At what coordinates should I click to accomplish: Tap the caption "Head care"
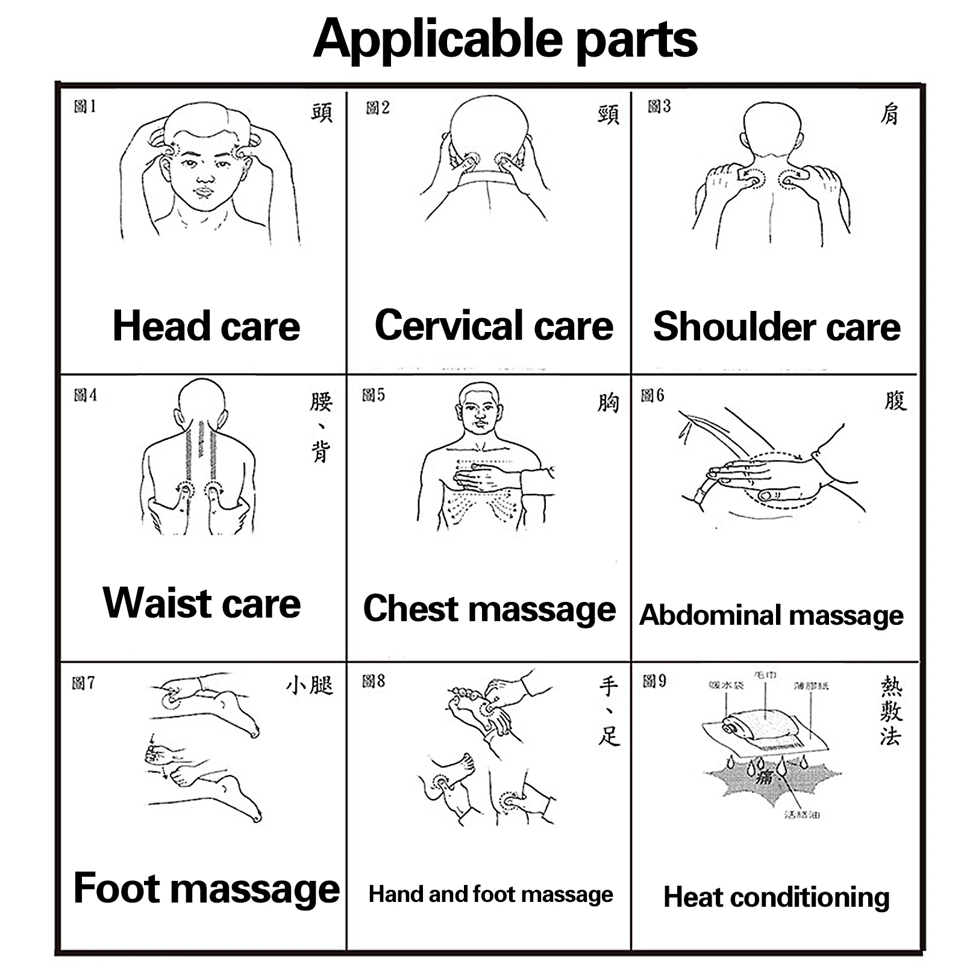206,326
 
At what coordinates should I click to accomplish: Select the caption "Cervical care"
493,325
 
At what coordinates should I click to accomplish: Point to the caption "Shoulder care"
776,327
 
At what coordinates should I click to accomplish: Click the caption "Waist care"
201,602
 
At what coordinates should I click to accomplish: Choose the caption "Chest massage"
489,609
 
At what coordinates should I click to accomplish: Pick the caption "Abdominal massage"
771,615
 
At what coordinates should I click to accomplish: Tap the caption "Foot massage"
206,888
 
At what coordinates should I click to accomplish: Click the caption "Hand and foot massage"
490,894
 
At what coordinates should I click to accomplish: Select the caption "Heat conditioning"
776,897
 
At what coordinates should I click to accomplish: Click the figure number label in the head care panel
85,107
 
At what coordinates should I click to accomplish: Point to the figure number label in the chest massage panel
373,395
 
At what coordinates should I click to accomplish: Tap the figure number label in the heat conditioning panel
654,681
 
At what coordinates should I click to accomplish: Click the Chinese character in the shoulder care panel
889,114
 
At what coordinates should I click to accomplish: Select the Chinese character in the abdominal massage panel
895,400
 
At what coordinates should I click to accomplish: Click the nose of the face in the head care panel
205,178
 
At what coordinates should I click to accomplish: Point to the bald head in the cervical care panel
489,127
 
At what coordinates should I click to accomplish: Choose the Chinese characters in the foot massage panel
309,685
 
